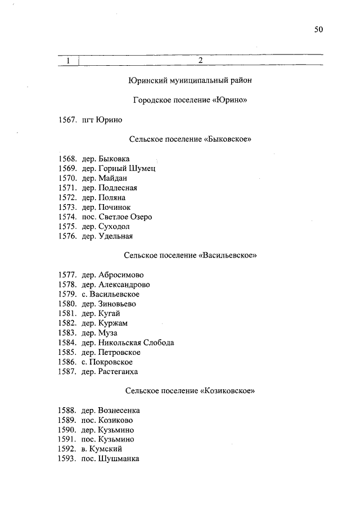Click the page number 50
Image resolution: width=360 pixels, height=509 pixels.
point(318,30)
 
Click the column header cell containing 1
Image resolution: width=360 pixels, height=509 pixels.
point(69,60)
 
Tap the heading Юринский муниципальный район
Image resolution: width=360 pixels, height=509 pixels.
point(190,80)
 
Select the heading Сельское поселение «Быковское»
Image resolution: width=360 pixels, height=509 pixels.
point(190,139)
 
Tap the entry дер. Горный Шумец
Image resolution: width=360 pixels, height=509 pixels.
point(118,168)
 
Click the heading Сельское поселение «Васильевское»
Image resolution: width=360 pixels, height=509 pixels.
point(190,255)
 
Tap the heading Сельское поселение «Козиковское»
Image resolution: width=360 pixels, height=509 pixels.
point(190,391)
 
